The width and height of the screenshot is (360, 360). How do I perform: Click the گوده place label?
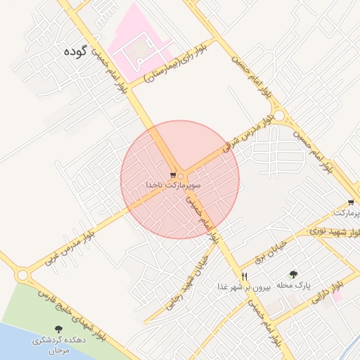(78, 51)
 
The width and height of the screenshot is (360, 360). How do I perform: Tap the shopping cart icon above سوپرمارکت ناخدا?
(173, 174)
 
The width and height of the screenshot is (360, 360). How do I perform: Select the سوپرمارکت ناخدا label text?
(173, 184)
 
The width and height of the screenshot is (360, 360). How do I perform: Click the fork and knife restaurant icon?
(244, 276)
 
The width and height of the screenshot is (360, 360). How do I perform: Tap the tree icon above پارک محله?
(293, 274)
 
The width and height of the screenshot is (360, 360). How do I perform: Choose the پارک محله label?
(292, 285)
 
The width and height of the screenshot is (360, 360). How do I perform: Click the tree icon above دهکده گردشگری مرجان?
(58, 329)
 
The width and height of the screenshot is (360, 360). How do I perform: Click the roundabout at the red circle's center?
(181, 176)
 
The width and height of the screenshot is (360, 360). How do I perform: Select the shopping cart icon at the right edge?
(350, 202)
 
